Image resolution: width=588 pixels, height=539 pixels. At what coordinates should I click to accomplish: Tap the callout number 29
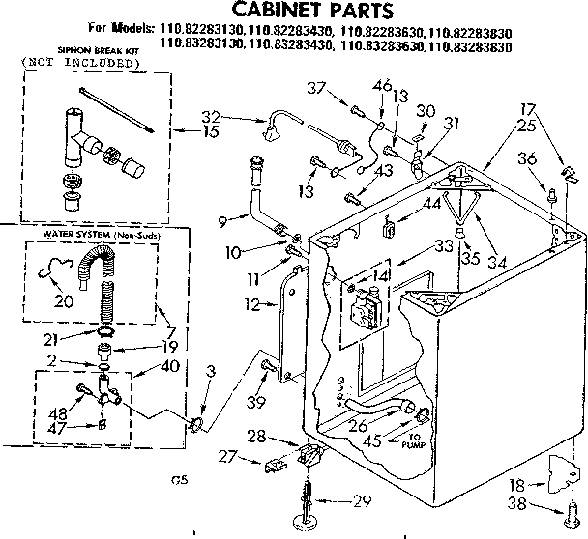pos(363,499)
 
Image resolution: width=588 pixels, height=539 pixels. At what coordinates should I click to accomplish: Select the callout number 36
pos(526,159)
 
